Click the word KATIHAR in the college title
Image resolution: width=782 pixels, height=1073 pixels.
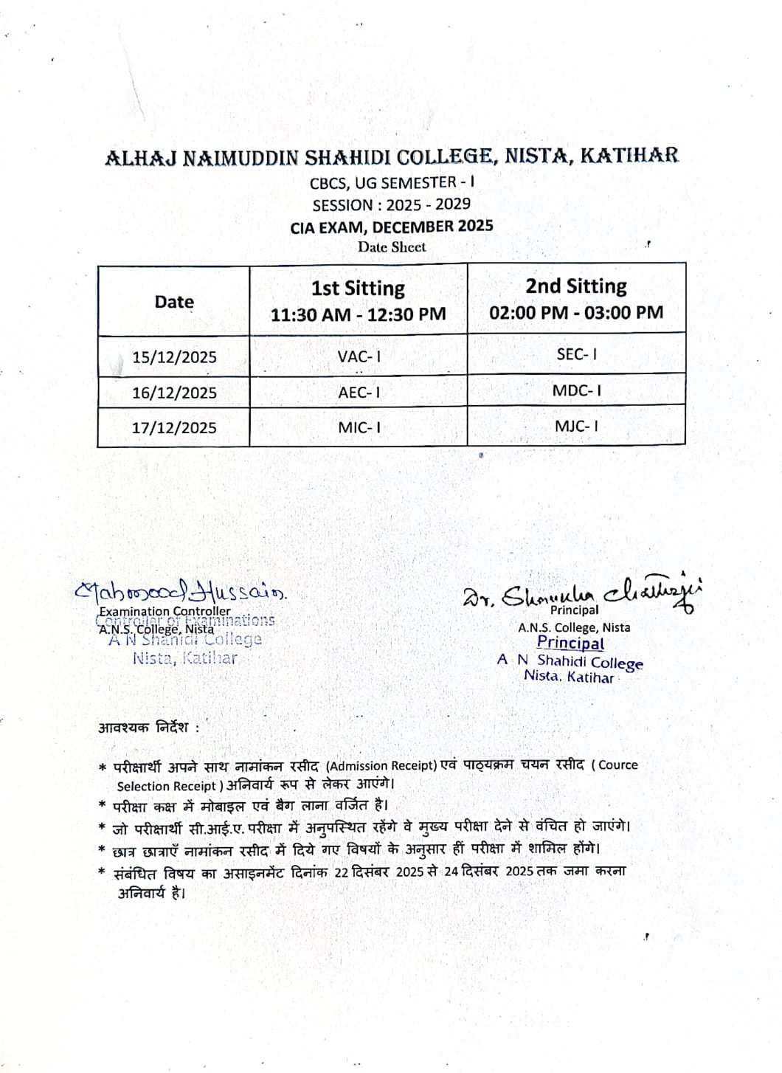click(x=629, y=156)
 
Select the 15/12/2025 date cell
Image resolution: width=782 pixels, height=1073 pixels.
click(x=174, y=357)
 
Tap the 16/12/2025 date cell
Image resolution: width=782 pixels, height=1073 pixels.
click(x=174, y=393)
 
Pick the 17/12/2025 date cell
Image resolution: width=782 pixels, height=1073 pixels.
click(x=174, y=428)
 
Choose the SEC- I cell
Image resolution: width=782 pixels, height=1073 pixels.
click(x=577, y=354)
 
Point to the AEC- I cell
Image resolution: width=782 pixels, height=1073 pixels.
click(x=359, y=393)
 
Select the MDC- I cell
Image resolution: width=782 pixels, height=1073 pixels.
click(x=577, y=390)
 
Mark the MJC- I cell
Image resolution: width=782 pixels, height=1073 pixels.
click(x=577, y=426)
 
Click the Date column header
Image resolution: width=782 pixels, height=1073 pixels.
click(x=174, y=302)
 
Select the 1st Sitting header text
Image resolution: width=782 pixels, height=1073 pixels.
click(x=358, y=288)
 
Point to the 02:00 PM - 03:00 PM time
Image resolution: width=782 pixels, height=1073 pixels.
click(x=576, y=312)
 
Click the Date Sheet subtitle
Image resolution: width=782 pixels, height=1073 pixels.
click(x=392, y=247)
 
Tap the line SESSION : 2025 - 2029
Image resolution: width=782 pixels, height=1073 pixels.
click(x=391, y=204)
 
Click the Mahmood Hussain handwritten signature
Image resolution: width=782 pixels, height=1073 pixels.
click(x=181, y=591)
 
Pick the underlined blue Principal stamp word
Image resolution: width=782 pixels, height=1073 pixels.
click(x=570, y=643)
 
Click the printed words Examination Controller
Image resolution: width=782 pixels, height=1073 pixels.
click(x=165, y=611)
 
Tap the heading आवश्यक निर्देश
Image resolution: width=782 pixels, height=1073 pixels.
click(x=148, y=728)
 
